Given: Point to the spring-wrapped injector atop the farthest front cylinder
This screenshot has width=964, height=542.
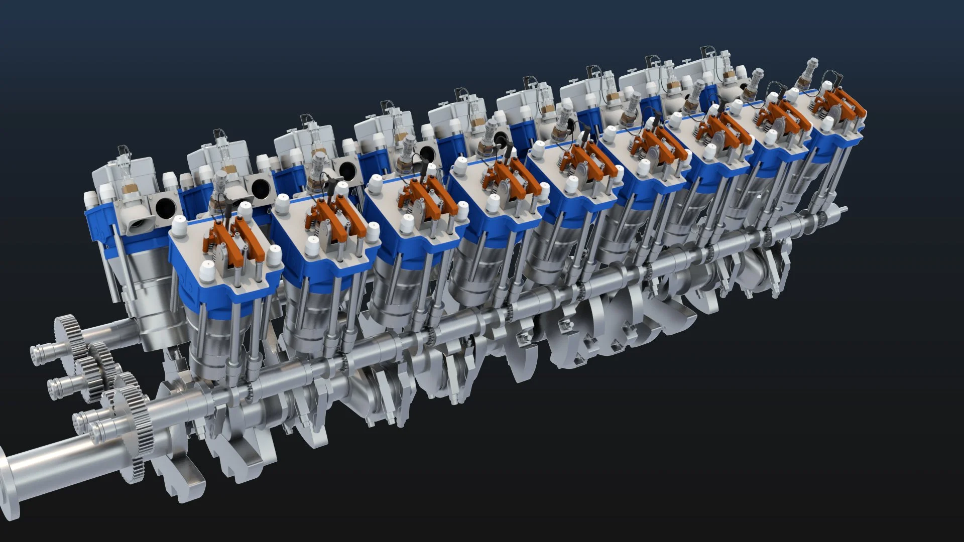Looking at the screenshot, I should [x=810, y=70].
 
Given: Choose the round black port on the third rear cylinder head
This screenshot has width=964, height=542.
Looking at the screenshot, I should [x=346, y=171].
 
